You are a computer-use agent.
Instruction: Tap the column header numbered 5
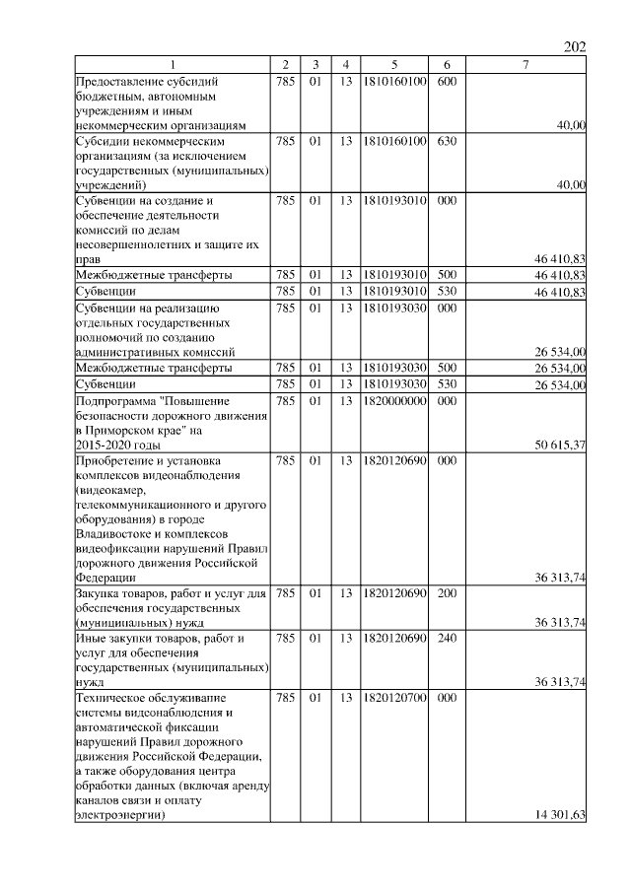pos(393,65)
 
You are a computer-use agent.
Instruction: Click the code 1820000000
pos(394,402)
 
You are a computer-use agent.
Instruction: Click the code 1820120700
pos(394,698)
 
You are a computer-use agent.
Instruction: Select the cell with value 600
pos(446,81)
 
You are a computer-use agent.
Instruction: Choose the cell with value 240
pos(446,639)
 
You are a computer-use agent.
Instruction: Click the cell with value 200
pos(446,594)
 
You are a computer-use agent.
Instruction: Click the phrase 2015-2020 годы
pos(116,446)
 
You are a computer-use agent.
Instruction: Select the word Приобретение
pos(116,460)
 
